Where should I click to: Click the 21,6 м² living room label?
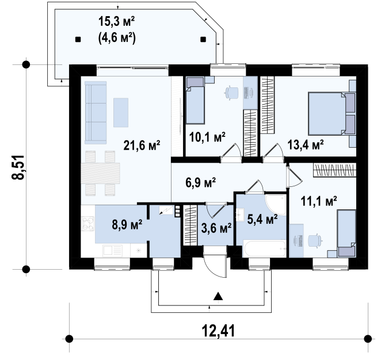[142, 145]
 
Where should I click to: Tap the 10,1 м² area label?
[207, 137]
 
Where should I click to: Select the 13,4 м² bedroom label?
[306, 144]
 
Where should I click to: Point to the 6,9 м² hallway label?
[200, 182]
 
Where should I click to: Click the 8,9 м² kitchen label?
[127, 224]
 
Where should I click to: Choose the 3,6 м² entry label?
[216, 228]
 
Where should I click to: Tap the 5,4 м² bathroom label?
[262, 219]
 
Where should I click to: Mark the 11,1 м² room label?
[318, 201]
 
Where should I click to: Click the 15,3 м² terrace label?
[116, 21]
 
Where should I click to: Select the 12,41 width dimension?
[218, 331]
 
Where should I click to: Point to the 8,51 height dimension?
[18, 167]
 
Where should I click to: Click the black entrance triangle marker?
[218, 296]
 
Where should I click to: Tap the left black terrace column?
[78, 39]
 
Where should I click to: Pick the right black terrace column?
[203, 39]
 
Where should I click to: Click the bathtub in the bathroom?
[265, 248]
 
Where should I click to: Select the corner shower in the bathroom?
[276, 205]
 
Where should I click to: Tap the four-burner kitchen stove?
[87, 224]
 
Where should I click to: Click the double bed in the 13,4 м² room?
[332, 113]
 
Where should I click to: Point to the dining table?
[100, 173]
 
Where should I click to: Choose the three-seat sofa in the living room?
[96, 112]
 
